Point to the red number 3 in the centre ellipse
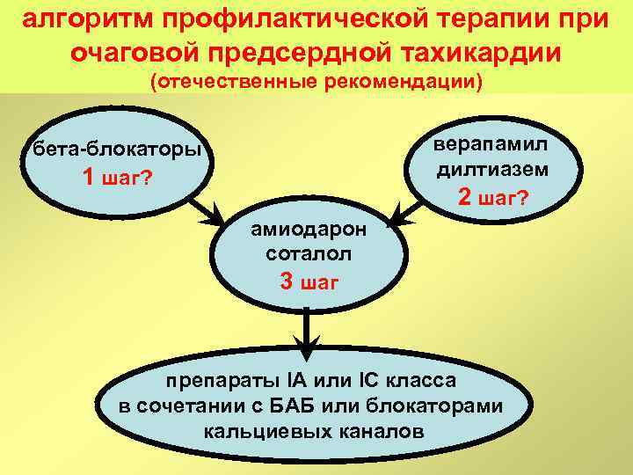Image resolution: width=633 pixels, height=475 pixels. click(287, 281)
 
